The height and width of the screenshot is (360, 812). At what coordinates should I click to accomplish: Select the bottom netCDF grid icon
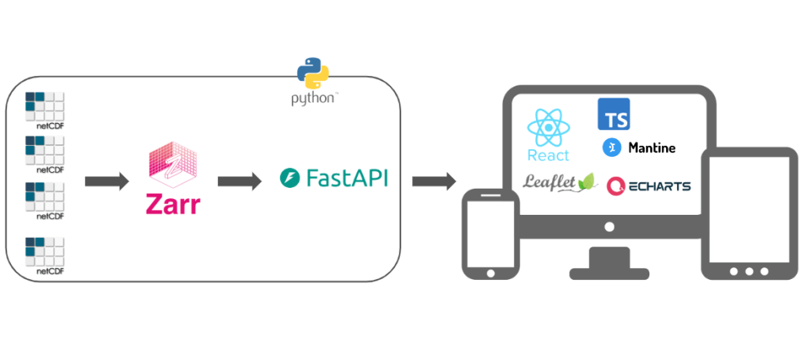44,251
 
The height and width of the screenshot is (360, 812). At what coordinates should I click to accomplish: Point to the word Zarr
173,204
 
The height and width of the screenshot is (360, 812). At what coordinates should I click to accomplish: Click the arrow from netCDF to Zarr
106,182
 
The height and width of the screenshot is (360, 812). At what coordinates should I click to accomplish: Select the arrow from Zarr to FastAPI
239,182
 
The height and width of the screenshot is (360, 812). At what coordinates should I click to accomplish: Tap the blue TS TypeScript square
613,114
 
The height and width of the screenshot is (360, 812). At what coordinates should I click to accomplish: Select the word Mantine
651,147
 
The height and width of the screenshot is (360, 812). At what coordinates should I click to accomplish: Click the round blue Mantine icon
611,147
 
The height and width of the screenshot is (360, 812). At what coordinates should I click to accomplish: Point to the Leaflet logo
558,182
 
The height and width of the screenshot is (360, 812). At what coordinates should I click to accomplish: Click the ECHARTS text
659,186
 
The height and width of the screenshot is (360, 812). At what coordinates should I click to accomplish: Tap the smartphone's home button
490,273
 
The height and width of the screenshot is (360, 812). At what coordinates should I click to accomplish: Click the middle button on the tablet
749,271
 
